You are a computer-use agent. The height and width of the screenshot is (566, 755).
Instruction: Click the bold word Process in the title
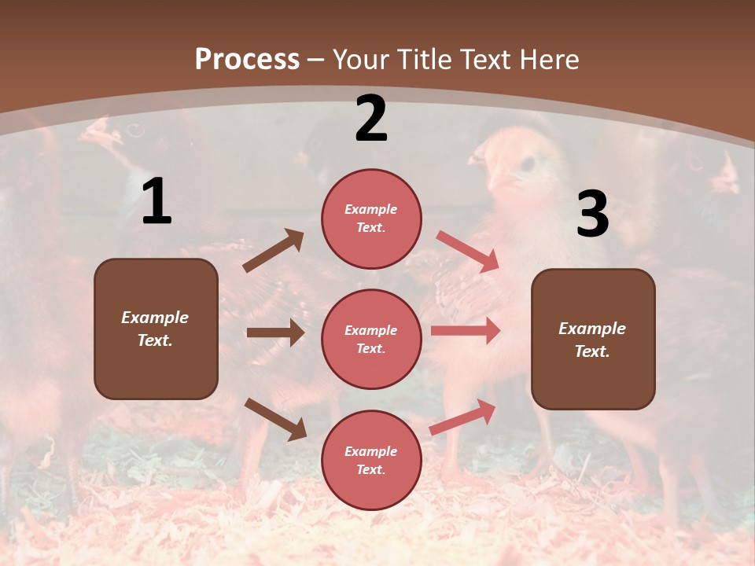pos(247,59)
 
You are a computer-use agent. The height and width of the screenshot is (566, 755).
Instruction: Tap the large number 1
pos(157,202)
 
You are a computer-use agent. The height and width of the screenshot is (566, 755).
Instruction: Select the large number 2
pos(371,119)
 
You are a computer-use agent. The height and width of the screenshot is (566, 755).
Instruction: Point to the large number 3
pos(592,215)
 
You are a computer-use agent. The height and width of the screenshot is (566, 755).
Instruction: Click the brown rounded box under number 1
pos(156,329)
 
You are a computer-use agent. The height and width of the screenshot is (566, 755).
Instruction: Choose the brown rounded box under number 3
pos(593,339)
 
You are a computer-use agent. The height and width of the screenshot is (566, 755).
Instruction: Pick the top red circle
pos(371,219)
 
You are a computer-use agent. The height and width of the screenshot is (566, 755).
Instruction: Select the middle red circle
pos(371,339)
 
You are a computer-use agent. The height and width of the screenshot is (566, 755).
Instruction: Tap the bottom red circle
pos(371,460)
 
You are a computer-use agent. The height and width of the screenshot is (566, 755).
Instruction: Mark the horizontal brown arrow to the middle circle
pos(275,333)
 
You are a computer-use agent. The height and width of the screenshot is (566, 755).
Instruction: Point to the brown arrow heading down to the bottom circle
pos(275,418)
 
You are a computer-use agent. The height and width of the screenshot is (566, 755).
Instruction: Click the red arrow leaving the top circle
pos(468,252)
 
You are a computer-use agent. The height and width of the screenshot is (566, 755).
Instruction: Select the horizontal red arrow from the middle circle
pos(466,331)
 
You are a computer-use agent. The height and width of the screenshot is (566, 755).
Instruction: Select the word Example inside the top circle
pos(371,209)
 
